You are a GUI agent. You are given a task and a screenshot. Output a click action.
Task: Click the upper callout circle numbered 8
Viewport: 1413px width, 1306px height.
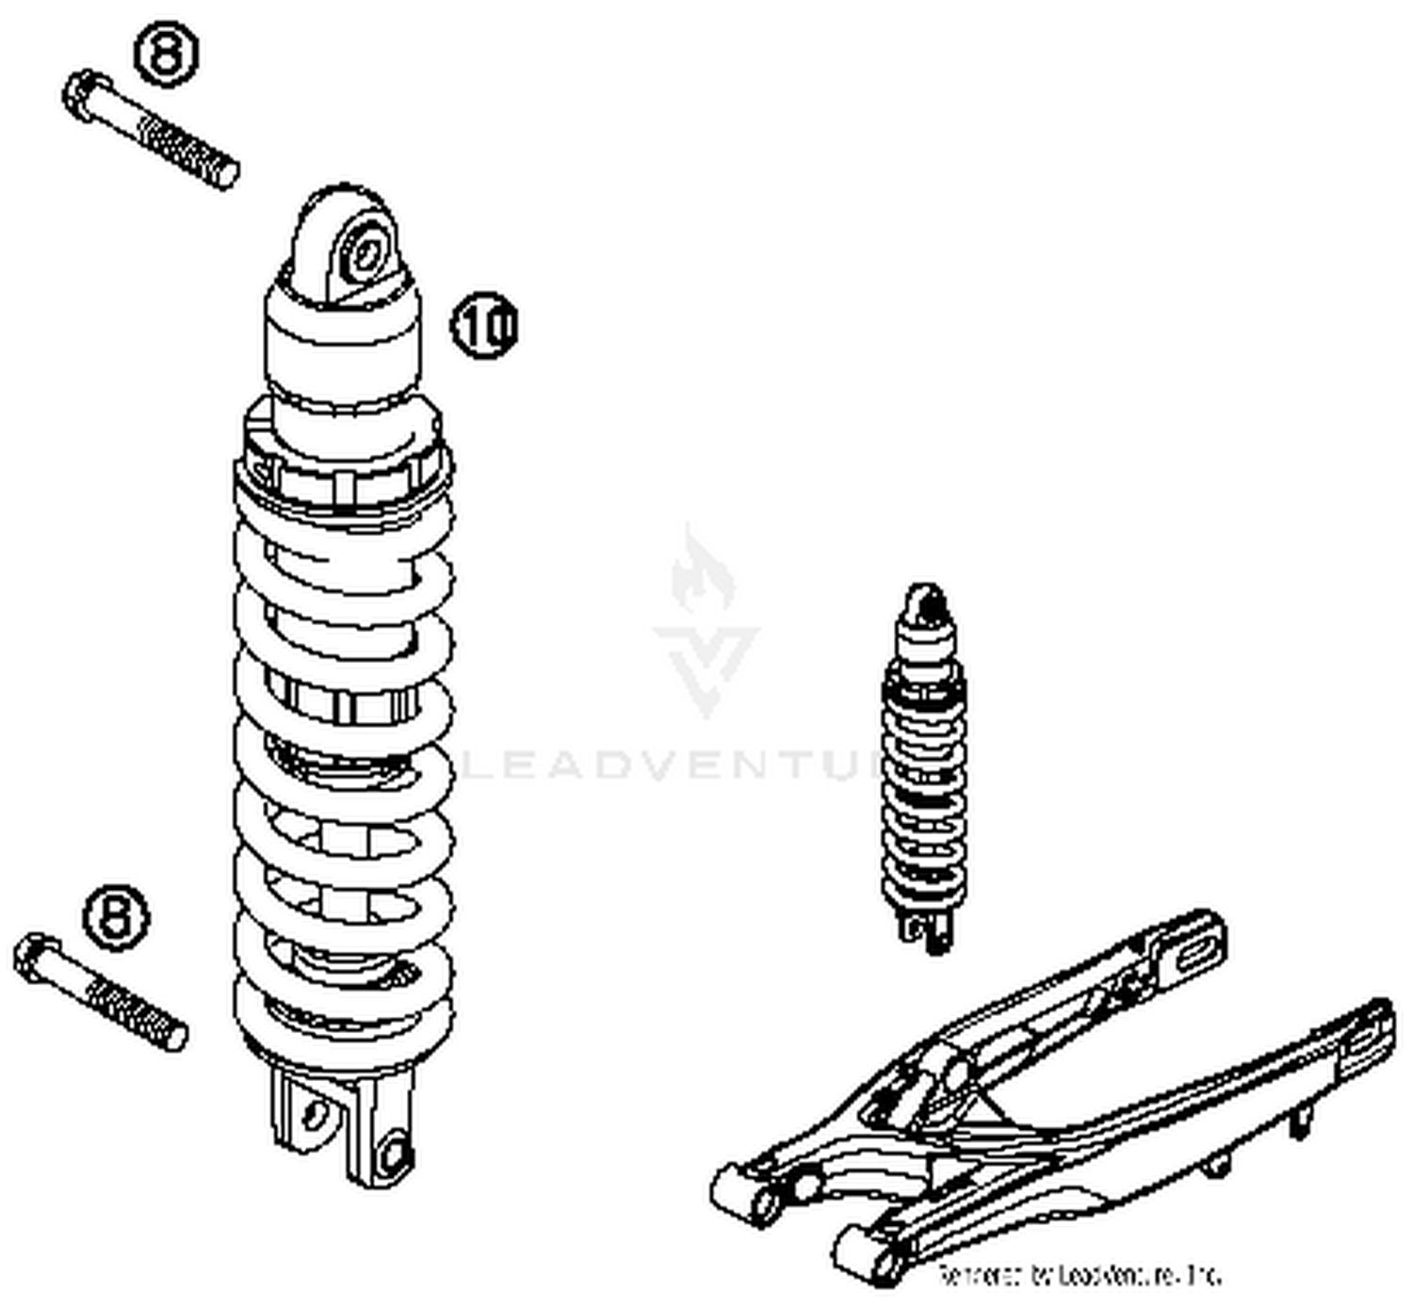tap(167, 54)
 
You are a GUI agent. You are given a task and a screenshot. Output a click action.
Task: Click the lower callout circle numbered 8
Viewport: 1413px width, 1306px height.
tap(117, 916)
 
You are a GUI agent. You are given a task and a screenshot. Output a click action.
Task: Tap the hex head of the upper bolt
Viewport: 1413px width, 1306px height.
tap(83, 94)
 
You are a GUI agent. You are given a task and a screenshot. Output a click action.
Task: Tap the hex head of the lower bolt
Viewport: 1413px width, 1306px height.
tap(36, 958)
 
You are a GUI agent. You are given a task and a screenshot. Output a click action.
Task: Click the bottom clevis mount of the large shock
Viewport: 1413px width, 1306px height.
tap(343, 1125)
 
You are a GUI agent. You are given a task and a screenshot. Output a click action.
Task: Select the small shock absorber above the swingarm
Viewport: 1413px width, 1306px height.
tap(923, 763)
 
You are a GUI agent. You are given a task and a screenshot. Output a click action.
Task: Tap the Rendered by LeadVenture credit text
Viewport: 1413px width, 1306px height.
tap(1079, 1276)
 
